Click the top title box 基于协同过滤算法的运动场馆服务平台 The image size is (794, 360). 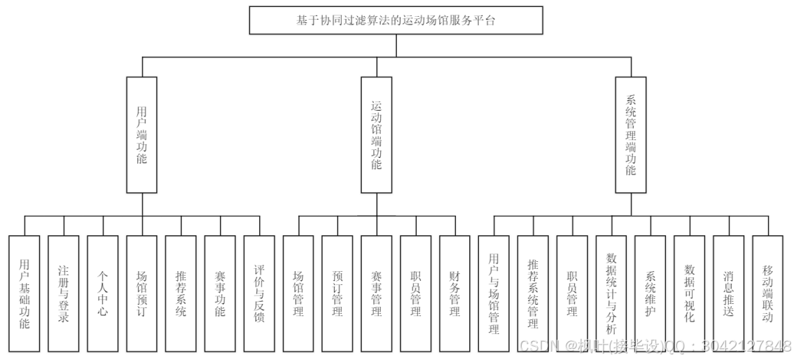pos(396,20)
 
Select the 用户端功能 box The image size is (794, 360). pos(141,134)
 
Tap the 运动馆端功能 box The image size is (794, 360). pos(376,134)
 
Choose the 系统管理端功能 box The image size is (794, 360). pos(630,134)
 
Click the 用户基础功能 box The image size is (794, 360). pos(25,293)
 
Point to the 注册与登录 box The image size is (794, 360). pos(64,293)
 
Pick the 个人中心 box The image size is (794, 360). pos(103,293)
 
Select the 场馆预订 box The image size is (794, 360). pos(141,293)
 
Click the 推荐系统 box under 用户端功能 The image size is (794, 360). pos(181,293)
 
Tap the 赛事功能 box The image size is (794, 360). pos(220,293)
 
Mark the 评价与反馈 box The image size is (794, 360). pos(259,293)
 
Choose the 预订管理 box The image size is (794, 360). pos(337,293)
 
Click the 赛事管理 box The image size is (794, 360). pos(376,293)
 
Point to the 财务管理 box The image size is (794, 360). pos(454,293)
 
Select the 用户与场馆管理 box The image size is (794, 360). pos(494,293)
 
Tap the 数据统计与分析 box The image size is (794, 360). pos(611,293)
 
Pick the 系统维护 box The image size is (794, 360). pos(650,293)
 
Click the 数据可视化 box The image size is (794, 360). pos(690,293)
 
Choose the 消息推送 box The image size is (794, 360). pos(728,293)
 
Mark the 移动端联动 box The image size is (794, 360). pos(767,293)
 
